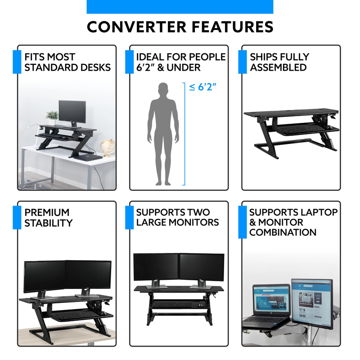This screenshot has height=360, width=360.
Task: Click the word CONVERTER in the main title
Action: [137, 27]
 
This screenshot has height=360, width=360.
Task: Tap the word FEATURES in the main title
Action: [233, 27]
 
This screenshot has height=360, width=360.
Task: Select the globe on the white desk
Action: [108, 148]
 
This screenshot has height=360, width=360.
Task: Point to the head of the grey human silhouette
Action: [163, 89]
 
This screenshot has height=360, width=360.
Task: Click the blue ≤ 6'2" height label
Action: [203, 87]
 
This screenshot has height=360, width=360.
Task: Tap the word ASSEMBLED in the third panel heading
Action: [278, 67]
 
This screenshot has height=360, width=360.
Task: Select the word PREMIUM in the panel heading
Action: [47, 212]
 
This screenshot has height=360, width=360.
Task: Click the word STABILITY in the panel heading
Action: [49, 223]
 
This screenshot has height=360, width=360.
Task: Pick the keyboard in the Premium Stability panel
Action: [76, 315]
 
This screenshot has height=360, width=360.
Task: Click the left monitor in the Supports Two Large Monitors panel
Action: [156, 267]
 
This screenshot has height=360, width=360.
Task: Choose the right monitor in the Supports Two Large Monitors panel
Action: [202, 267]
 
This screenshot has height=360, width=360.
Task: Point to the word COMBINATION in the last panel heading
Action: [283, 232]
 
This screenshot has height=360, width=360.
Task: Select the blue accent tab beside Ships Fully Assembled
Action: [243, 62]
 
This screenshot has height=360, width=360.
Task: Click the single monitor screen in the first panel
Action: [72, 112]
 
